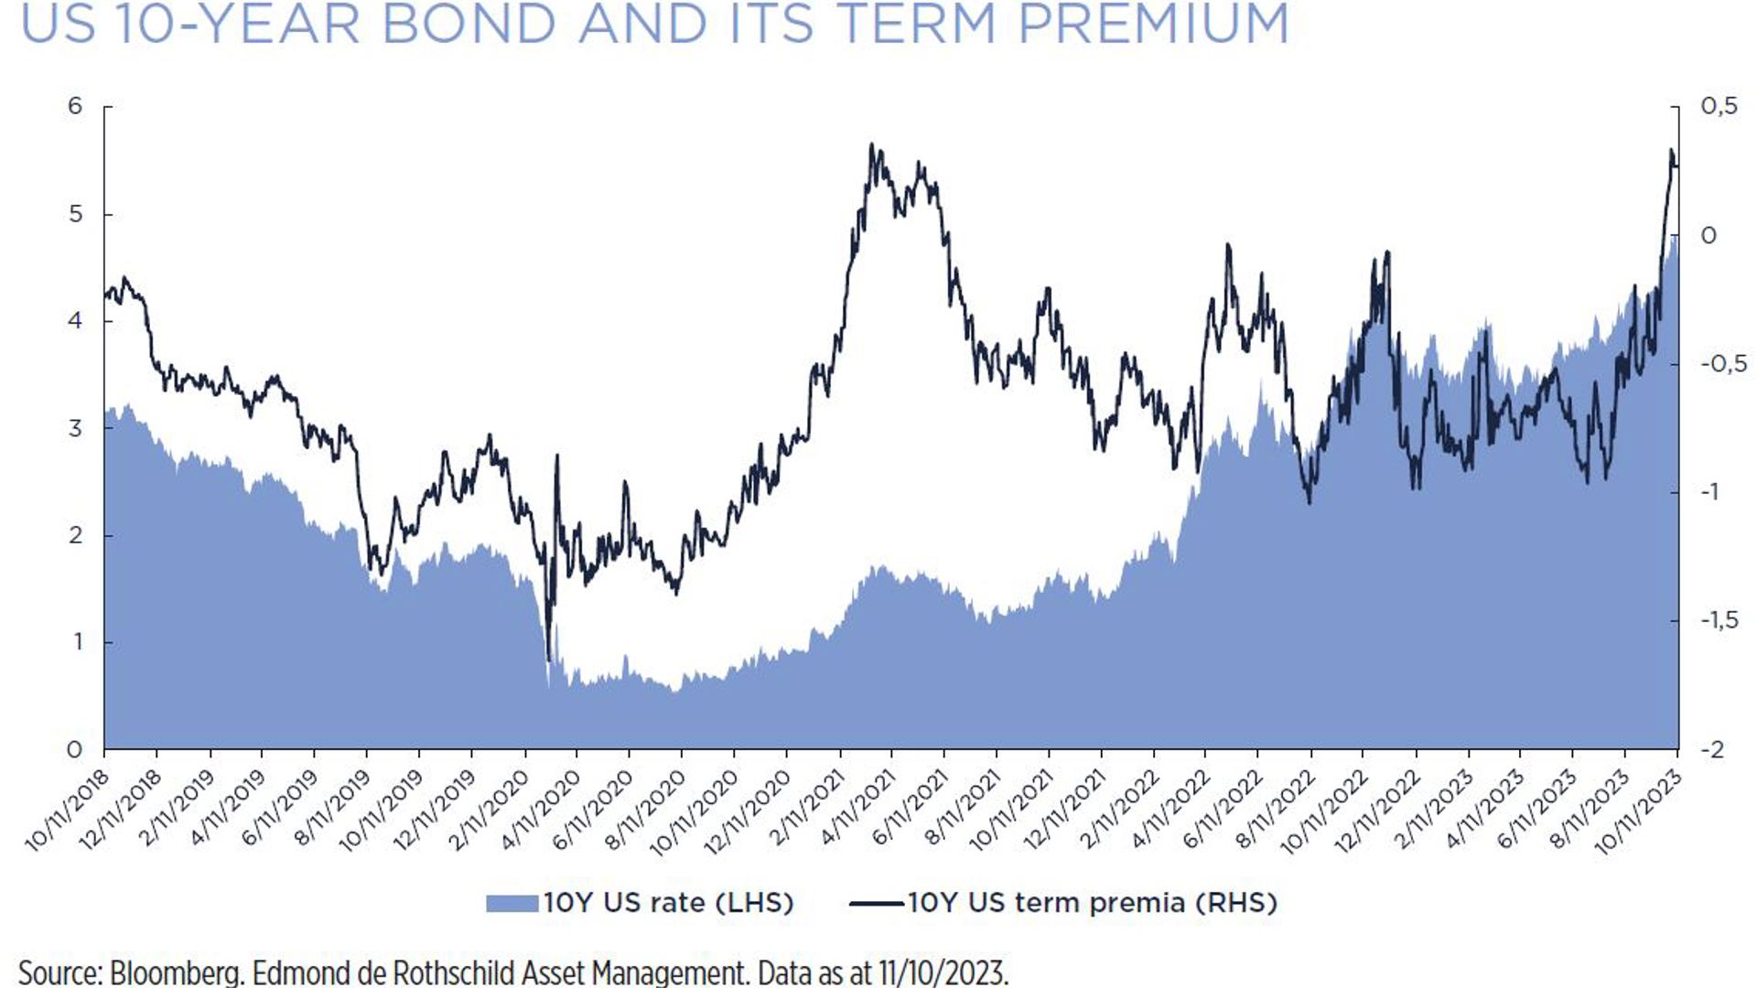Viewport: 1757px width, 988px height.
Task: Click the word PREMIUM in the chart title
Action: click(1153, 24)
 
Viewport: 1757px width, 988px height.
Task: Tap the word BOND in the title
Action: click(468, 24)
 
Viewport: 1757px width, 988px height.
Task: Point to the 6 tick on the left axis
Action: click(75, 106)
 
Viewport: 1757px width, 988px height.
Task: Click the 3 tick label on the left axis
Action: click(75, 428)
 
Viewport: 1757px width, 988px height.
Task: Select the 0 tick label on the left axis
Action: click(75, 750)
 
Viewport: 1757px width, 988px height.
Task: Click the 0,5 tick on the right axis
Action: click(1719, 106)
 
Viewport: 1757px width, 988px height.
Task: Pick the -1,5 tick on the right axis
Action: click(1719, 620)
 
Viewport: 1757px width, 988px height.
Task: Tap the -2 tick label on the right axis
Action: click(1713, 750)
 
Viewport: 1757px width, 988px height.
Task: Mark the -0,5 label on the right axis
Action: click(1722, 364)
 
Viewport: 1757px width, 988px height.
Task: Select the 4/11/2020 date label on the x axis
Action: click(541, 811)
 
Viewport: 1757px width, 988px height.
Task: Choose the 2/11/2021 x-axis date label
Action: click(803, 811)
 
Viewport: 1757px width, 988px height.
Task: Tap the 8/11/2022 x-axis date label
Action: click(1276, 811)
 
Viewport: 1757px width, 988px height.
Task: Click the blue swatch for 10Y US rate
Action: click(512, 903)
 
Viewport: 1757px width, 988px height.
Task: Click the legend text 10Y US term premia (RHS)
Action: click(1092, 903)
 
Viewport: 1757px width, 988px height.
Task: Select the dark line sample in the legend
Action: click(877, 904)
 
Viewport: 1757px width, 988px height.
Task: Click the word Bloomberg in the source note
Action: click(174, 972)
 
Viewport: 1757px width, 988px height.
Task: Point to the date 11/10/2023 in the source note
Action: click(943, 972)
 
